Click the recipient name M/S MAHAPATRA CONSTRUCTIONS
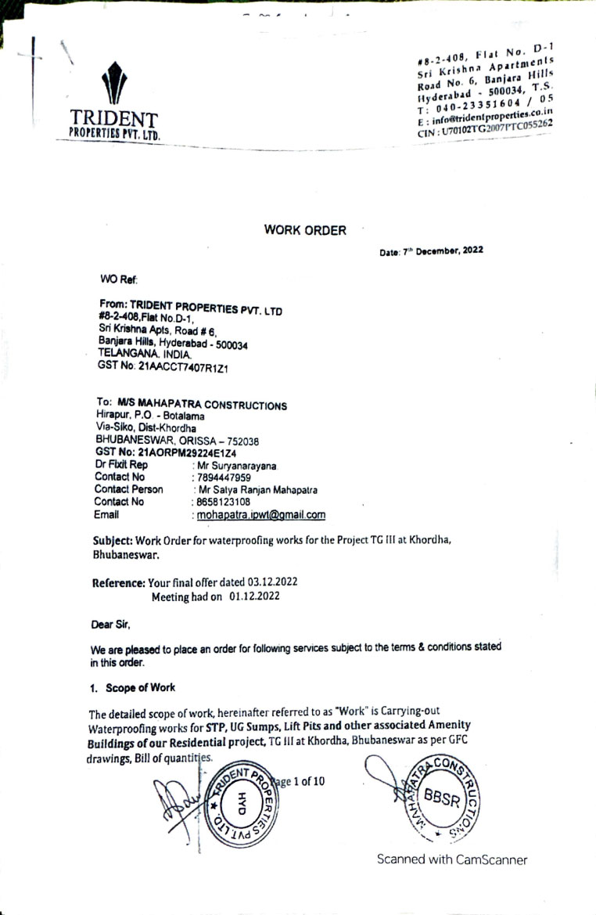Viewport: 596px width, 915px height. [x=202, y=405]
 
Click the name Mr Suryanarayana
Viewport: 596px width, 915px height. [x=235, y=466]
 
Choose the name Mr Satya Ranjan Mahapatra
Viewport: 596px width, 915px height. [x=256, y=490]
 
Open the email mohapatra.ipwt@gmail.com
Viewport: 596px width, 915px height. [x=260, y=515]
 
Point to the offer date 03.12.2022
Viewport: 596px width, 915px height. [x=272, y=582]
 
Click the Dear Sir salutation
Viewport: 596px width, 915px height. [x=109, y=625]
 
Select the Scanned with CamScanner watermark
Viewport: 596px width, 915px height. [x=452, y=859]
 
